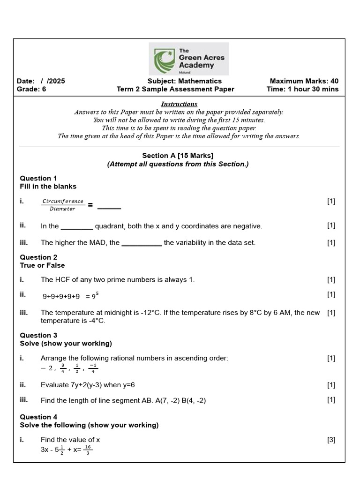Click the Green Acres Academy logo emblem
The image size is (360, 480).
[164, 59]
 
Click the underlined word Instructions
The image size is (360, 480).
[179, 104]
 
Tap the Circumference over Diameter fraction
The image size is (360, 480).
[63, 205]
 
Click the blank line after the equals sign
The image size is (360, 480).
[109, 207]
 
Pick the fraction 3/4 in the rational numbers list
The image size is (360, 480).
[63, 368]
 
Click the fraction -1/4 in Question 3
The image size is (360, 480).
[93, 368]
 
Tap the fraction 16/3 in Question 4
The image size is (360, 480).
[88, 450]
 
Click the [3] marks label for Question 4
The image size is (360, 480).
[331, 440]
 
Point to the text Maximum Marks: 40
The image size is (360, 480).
[304, 81]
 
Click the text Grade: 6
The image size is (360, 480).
[31, 89]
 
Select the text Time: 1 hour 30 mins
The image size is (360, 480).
[302, 89]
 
